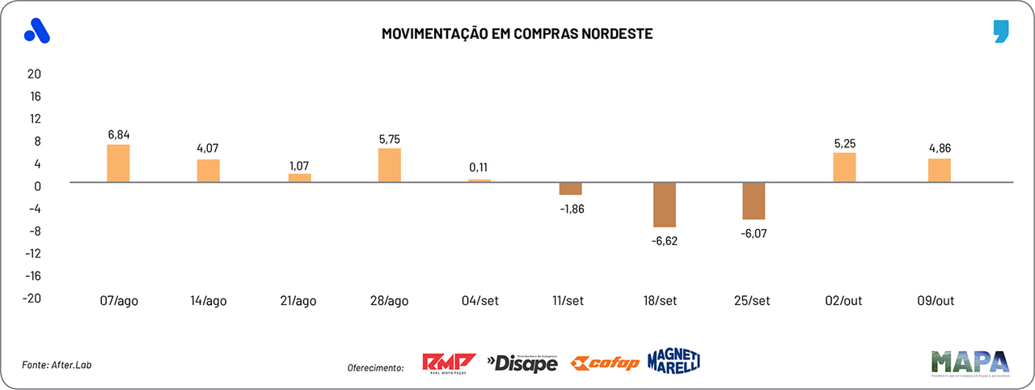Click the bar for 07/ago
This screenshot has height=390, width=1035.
118,163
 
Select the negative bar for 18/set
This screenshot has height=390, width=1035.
665,205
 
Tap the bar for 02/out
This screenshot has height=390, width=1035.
845,167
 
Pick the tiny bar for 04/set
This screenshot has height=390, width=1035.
479,180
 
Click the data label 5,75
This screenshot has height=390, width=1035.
389,138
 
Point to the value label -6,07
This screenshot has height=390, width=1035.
754,232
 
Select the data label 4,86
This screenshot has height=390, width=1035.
939,148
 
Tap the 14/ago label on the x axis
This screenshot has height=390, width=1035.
209,300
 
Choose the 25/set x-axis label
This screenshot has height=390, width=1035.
751,300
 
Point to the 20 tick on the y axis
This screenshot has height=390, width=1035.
34,74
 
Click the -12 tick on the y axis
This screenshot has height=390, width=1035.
32,253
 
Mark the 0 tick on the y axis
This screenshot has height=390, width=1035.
37,185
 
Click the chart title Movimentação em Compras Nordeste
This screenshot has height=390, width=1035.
517,35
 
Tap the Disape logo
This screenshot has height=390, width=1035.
522,363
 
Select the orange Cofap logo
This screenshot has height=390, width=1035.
605,362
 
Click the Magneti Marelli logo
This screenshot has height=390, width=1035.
674,361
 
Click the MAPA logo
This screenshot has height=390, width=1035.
970,363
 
